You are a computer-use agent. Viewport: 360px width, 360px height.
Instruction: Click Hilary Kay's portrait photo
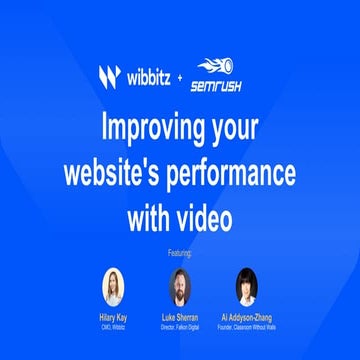113,287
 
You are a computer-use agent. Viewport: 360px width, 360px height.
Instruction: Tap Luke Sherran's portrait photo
180,287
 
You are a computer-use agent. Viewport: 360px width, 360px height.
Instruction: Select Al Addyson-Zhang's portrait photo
246,287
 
